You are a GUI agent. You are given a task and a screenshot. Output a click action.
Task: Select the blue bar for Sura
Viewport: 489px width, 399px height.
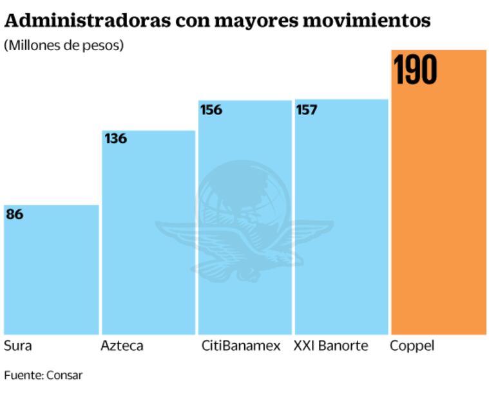[51, 270]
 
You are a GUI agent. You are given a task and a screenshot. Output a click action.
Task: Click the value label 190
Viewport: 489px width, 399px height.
[416, 70]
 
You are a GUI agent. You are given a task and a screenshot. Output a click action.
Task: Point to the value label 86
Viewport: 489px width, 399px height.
[15, 214]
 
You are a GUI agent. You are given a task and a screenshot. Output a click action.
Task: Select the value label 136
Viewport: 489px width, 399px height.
[115, 138]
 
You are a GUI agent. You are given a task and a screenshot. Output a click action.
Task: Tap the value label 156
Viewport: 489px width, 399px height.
[211, 109]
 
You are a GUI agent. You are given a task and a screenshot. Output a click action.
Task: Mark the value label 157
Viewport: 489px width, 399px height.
[307, 109]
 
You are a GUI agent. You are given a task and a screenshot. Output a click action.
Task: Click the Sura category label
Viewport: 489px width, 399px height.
[17, 346]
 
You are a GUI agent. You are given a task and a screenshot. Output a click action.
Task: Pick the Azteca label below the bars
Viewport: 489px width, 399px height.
[122, 346]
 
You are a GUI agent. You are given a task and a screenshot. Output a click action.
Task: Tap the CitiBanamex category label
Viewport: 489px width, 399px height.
[241, 346]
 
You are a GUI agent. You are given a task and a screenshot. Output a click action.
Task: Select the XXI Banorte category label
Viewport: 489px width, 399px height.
[331, 346]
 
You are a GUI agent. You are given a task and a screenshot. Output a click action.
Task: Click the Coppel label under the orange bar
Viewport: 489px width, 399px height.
[412, 346]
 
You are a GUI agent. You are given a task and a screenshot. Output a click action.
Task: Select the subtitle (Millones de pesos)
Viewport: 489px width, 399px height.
[64, 46]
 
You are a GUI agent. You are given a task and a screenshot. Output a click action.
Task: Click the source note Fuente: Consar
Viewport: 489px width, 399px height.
[43, 375]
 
